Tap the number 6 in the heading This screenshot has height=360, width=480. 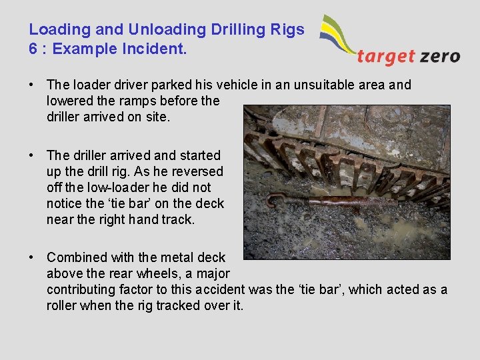point(33,49)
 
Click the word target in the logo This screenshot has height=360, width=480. point(384,57)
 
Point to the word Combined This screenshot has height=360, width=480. point(78,257)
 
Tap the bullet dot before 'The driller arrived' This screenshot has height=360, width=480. point(31,155)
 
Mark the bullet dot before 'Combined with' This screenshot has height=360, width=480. point(31,257)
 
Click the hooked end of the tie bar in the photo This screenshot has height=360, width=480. point(271,198)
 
